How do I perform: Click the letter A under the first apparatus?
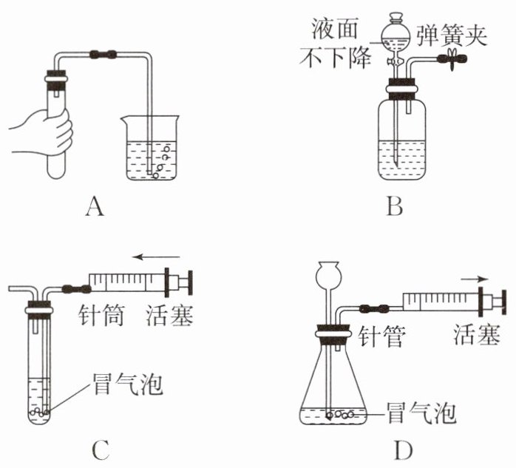(x=95, y=206)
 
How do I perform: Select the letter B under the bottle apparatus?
(x=395, y=206)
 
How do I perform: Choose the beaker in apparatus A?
(x=151, y=147)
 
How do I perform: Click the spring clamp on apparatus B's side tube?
(x=453, y=59)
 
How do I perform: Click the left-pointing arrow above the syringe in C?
(x=156, y=257)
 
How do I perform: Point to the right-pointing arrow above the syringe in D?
(x=474, y=279)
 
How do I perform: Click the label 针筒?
(x=101, y=315)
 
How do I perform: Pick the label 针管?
(x=381, y=336)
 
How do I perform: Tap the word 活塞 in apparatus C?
(x=169, y=315)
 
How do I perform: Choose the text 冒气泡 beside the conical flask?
(x=422, y=413)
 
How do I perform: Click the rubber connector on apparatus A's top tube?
(x=103, y=54)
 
